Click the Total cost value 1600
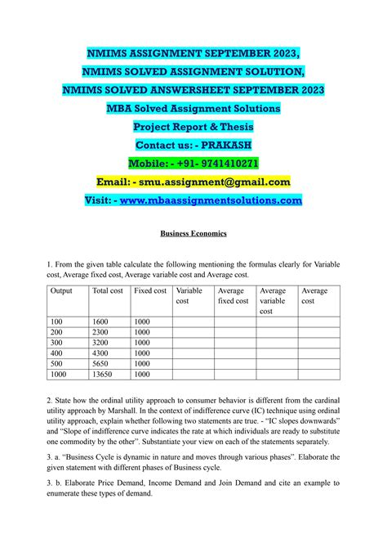point(101,321)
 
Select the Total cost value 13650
point(104,375)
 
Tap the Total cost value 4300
point(101,353)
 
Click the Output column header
point(62,290)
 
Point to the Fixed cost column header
point(150,290)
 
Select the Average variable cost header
point(273,300)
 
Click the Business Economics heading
point(193,233)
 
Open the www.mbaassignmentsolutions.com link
point(211,200)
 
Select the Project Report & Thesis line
point(193,126)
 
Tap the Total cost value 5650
point(101,364)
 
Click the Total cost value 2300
point(101,332)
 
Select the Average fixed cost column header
point(233,295)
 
